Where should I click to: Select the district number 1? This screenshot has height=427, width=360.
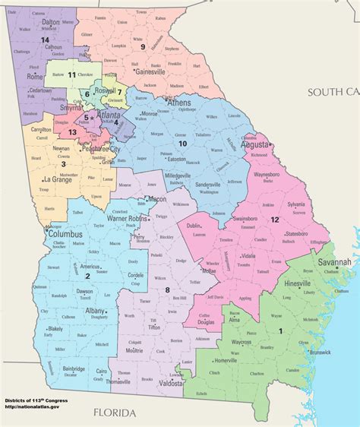pyautogui.click(x=280, y=331)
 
